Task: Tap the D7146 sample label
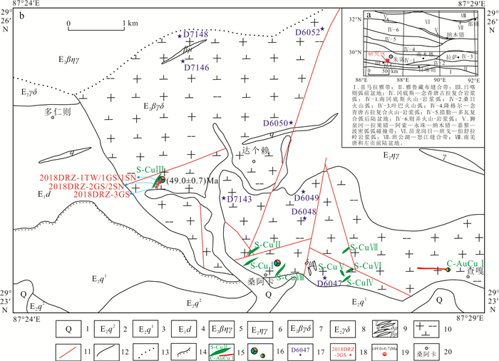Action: pyautogui.click(x=196, y=68)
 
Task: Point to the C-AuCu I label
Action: pyautogui.click(x=464, y=263)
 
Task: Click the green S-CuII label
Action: pyautogui.click(x=270, y=244)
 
